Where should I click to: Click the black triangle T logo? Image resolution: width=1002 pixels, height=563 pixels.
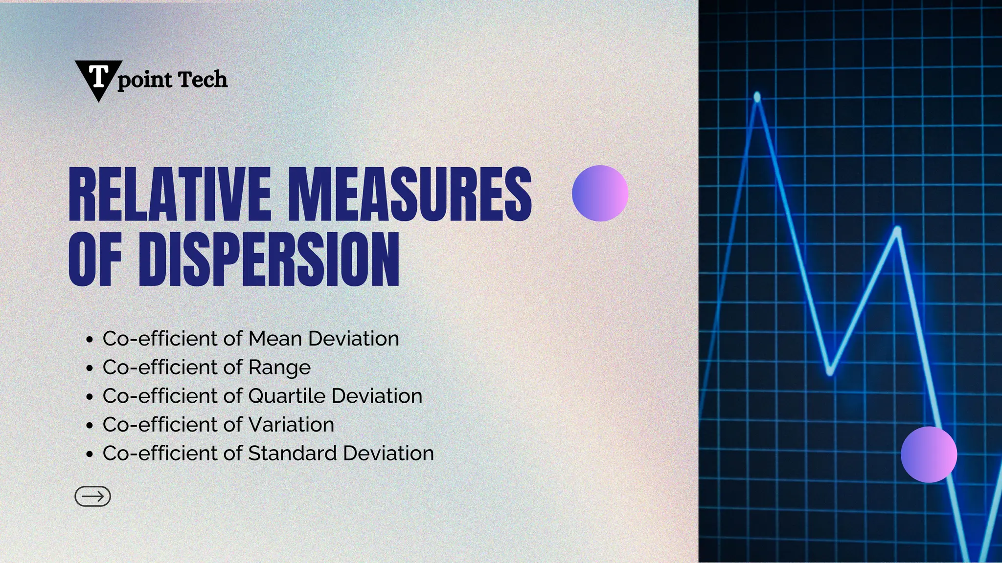98,78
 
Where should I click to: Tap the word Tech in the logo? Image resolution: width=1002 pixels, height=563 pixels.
203,80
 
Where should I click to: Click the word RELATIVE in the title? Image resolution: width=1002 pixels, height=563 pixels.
169,195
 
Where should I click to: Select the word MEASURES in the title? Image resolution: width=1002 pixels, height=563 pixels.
410,195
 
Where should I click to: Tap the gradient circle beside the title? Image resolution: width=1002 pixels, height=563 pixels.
600,194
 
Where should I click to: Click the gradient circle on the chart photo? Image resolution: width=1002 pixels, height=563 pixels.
929,455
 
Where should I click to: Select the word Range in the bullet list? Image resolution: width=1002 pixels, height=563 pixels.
279,368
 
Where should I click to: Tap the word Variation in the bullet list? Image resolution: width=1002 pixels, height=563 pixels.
292,425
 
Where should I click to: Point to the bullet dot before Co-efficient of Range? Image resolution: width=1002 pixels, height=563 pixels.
89,368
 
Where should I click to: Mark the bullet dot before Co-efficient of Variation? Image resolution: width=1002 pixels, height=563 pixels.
89,425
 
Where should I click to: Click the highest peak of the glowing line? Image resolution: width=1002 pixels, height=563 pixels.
757,97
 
